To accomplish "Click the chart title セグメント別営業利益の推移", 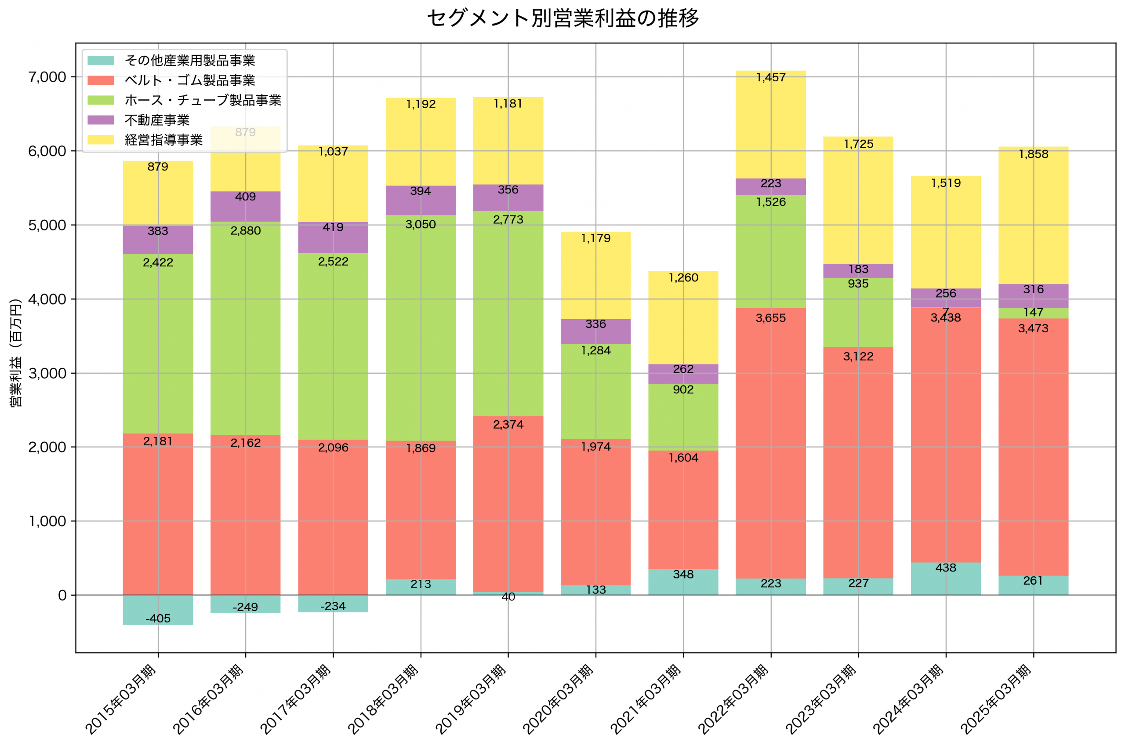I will pos(562,18).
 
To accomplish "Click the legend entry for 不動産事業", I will pos(157,120).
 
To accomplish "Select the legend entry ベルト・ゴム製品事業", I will pos(190,80).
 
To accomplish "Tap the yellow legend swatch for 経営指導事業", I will pos(101,140).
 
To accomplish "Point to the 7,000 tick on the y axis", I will pos(47,77).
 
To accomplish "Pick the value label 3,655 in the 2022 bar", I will pos(771,318).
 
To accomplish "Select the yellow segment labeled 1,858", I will pos(1033,214).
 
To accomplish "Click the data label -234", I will pos(333,607).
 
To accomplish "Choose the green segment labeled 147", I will pos(1033,313).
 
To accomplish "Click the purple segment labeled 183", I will pos(858,271).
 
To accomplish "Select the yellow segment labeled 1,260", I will pos(683,319).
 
